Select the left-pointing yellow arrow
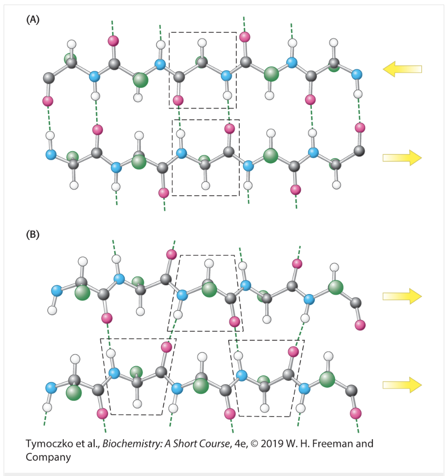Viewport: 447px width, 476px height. (402, 69)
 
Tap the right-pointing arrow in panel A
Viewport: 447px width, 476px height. (402, 158)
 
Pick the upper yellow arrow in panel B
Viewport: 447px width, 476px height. (402, 296)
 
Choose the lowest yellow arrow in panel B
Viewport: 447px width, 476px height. (402, 385)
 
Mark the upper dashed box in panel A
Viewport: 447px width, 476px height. (203, 70)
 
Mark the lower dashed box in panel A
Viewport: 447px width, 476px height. (206, 157)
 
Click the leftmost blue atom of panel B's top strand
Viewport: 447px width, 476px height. (57, 290)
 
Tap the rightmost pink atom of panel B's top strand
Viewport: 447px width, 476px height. (360, 325)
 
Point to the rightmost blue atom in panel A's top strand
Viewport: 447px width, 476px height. (356, 74)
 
